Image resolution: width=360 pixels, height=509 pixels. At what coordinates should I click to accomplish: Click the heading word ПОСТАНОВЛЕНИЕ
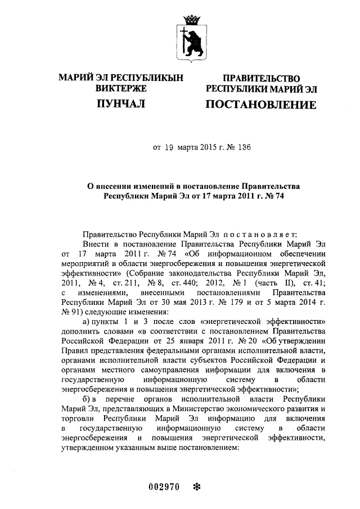260,105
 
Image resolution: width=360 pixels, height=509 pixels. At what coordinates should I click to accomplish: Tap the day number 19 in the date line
169,148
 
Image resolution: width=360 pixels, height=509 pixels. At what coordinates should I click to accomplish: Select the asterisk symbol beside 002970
196,485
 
